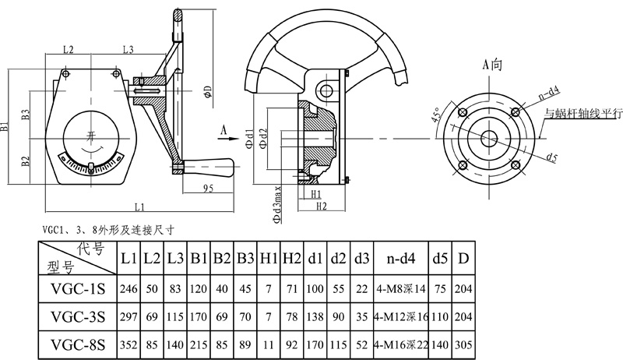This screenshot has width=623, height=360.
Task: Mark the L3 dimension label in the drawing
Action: tap(128, 50)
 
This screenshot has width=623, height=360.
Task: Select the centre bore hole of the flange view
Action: tap(489, 139)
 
